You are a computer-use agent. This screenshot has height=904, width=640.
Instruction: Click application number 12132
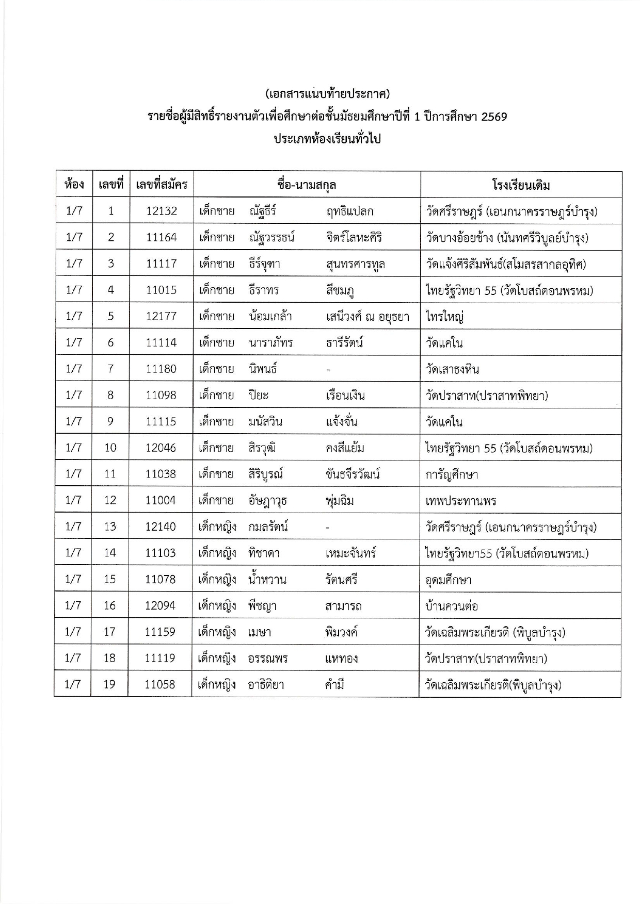(x=161, y=211)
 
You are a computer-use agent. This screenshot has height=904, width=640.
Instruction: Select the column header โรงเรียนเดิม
(x=521, y=185)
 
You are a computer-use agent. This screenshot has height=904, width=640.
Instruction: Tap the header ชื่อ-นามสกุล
(x=307, y=185)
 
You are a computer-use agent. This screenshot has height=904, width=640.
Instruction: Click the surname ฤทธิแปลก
(x=349, y=211)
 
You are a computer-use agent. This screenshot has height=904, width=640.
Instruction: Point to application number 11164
(x=161, y=237)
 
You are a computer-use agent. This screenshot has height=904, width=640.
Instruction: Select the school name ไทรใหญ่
(x=444, y=317)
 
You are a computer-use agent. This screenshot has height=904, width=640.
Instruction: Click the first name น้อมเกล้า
(x=270, y=316)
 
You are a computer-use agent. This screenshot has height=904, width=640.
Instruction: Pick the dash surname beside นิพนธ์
(x=328, y=369)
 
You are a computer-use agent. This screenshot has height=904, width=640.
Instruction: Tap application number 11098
(x=161, y=396)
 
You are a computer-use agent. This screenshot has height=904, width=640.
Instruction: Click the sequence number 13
(x=110, y=527)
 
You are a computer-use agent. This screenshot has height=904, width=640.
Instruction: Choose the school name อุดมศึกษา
(x=448, y=580)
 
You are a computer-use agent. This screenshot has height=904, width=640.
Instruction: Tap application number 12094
(x=160, y=605)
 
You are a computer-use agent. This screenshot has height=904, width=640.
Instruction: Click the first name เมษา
(x=260, y=632)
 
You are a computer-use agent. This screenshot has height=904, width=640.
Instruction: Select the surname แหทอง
(x=341, y=659)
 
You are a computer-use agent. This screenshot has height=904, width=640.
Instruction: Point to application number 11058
(x=160, y=685)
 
